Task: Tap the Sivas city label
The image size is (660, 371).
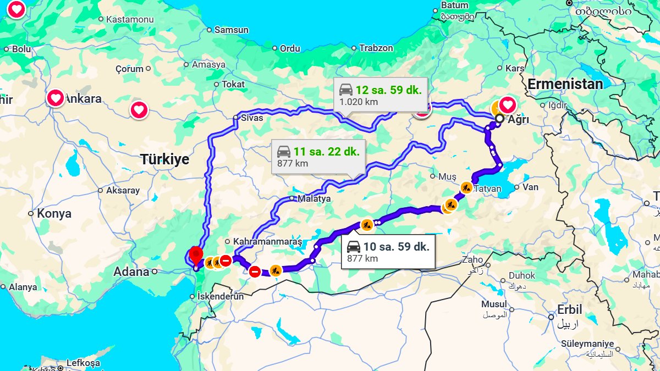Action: [252, 118]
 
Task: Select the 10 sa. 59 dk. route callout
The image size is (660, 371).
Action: [388, 252]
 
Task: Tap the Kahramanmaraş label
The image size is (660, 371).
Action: [267, 241]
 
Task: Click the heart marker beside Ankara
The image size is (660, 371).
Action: [56, 98]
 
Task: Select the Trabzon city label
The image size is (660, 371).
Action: [376, 48]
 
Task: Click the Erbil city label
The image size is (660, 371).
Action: [569, 310]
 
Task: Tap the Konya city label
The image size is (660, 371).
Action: [54, 214]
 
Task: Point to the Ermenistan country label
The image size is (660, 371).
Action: [565, 84]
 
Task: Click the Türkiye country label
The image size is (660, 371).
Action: [164, 160]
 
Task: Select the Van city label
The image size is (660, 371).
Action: [530, 187]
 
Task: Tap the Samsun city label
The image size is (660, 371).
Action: [231, 30]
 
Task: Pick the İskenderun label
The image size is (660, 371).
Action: [220, 296]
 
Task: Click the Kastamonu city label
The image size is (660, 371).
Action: [129, 19]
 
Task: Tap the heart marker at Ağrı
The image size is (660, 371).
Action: [507, 104]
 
